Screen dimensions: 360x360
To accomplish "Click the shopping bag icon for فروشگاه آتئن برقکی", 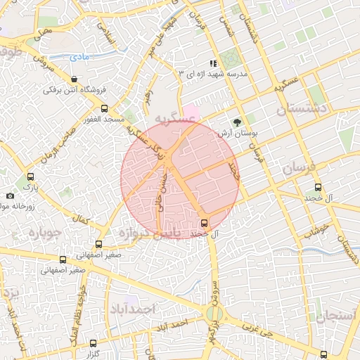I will [x=75, y=78].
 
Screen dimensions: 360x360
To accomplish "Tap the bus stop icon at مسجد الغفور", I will [x=105, y=108].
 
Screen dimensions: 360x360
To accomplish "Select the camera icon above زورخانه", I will [x=10, y=195].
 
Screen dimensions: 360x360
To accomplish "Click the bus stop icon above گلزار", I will [x=94, y=343].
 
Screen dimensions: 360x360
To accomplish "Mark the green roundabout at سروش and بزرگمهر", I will [x=217, y=314].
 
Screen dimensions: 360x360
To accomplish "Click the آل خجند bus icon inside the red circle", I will [x=204, y=223].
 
